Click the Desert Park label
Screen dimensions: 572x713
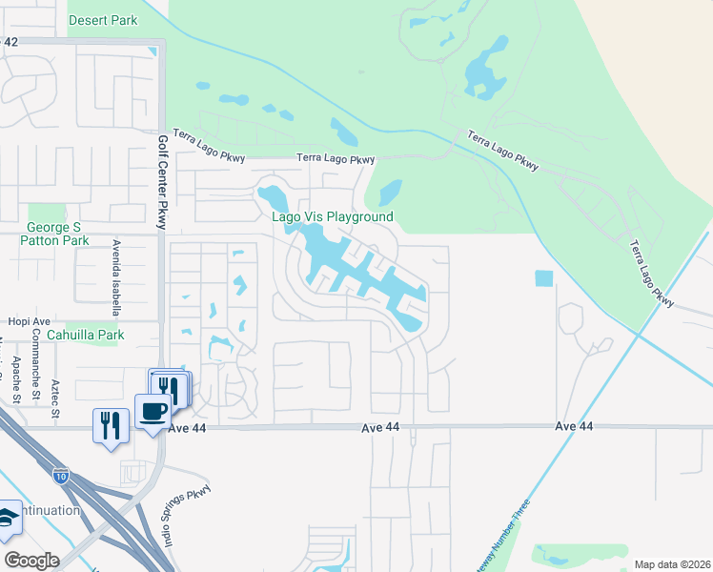(103, 20)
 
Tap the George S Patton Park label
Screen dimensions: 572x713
(54, 235)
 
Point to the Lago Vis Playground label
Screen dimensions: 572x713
(333, 216)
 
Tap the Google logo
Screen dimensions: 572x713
(31, 561)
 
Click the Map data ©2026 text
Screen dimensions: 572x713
(673, 564)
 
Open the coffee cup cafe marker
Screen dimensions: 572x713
(153, 412)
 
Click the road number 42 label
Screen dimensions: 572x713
(10, 42)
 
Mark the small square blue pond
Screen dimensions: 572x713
(543, 278)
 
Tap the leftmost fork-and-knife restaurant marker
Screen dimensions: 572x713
(111, 424)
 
